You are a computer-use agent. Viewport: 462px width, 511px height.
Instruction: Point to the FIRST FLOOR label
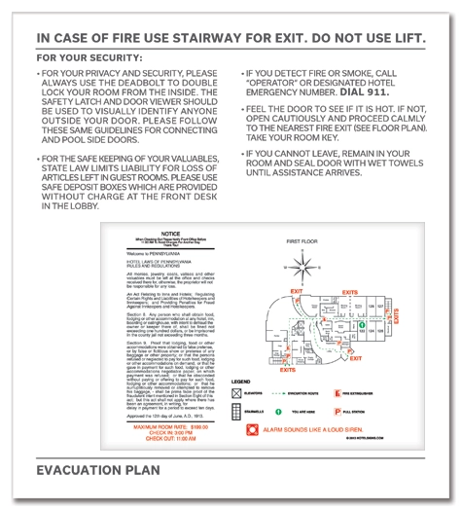tap(304, 238)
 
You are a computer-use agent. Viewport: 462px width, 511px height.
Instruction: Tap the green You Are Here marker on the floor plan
tap(362, 325)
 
